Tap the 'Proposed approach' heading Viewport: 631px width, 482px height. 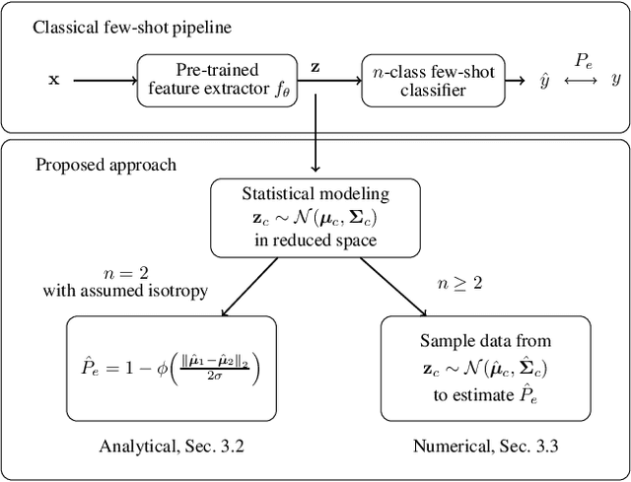[105, 164]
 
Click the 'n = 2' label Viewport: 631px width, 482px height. [125, 274]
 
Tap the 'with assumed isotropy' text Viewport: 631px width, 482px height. [125, 292]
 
